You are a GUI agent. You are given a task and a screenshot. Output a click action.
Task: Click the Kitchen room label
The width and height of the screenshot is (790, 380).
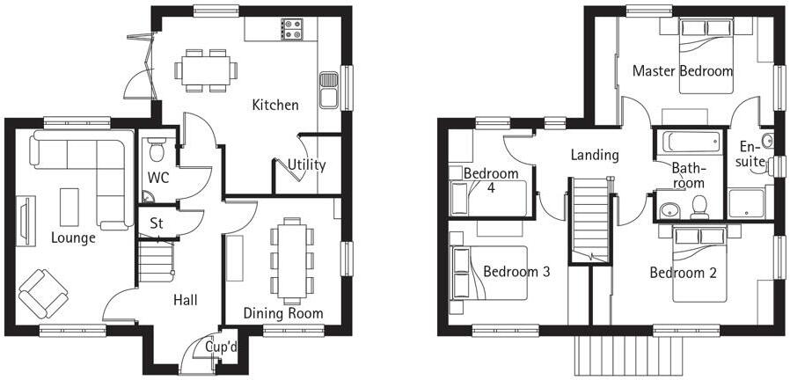[274, 106]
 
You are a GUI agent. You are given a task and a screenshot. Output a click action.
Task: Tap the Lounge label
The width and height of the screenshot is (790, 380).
[73, 237]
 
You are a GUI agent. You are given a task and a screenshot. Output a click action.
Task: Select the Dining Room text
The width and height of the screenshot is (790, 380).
[283, 313]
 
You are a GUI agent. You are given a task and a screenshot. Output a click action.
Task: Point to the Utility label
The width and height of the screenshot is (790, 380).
[307, 164]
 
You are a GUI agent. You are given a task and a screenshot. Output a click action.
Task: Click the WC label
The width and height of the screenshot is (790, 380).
[158, 178]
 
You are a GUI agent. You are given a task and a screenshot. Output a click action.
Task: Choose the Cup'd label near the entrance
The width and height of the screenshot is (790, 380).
[221, 347]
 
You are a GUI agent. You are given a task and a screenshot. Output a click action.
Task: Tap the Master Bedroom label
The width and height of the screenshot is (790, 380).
[682, 71]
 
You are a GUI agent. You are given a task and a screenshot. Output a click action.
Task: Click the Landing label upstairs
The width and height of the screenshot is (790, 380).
[595, 155]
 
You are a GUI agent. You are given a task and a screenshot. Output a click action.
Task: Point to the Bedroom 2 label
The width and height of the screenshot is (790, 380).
[683, 273]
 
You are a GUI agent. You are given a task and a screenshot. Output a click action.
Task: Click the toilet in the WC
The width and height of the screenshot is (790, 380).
[157, 151]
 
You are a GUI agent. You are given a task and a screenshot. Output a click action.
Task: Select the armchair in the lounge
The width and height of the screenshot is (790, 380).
[41, 293]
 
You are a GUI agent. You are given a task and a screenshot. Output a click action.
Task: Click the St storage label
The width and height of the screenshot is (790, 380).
[157, 223]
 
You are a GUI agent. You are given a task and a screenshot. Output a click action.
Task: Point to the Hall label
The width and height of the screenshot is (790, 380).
[185, 300]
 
